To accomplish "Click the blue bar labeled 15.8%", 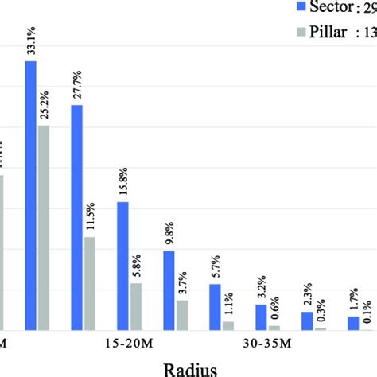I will (x=123, y=266).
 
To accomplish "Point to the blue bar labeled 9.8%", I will (x=169, y=290).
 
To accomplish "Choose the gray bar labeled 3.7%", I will (x=182, y=315).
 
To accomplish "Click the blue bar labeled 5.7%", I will (x=216, y=307).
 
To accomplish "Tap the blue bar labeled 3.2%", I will (x=262, y=317).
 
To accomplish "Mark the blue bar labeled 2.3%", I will (x=307, y=321).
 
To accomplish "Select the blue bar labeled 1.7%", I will (x=353, y=323).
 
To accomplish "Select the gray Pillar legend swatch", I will (x=301, y=34).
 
